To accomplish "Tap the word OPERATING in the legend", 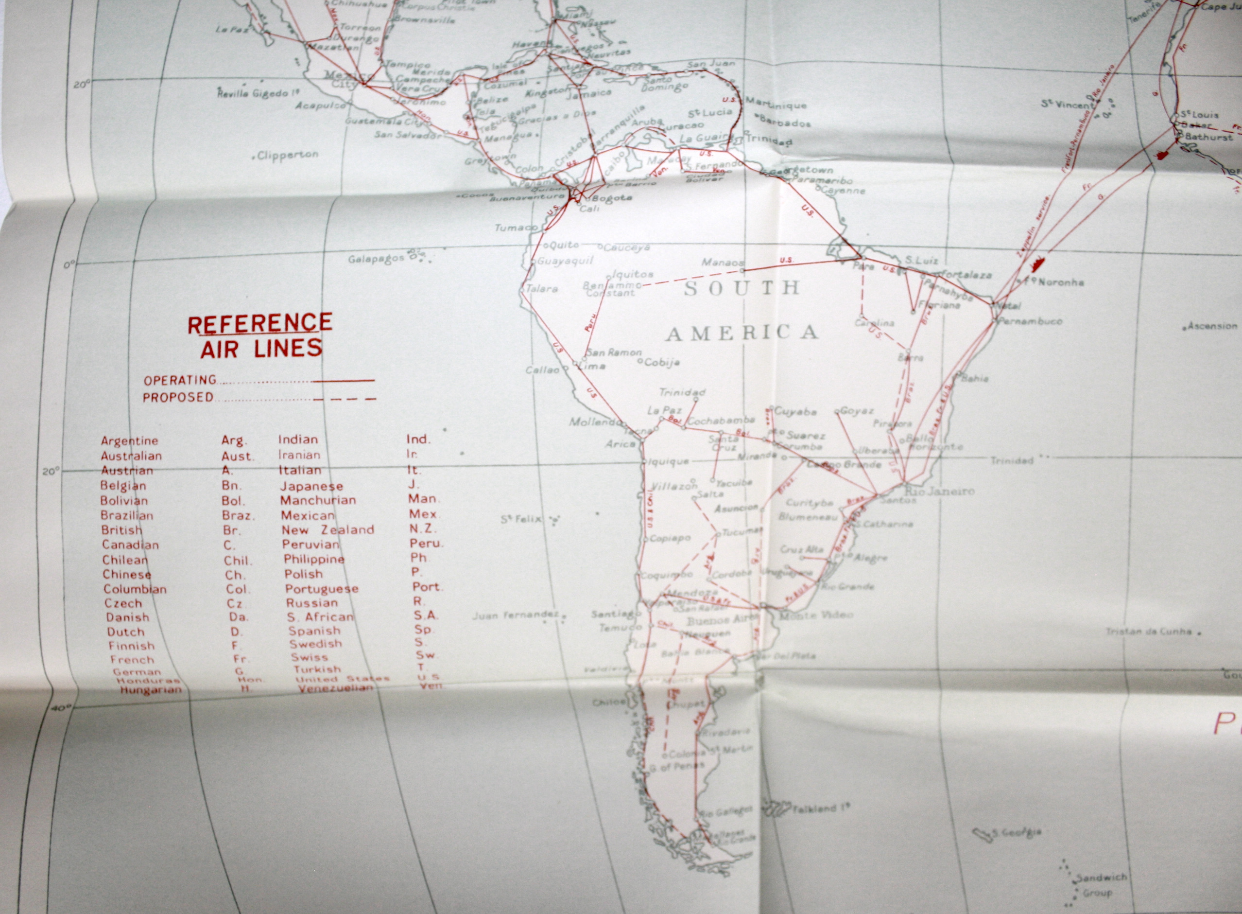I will click(180, 380).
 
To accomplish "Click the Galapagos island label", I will click(376, 258).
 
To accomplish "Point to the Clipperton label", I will click(288, 156).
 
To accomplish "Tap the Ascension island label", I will click(1212, 326).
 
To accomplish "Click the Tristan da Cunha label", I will click(1149, 631).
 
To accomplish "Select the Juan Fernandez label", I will click(516, 615).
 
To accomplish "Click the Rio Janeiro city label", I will click(938, 491).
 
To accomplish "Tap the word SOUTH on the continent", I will click(742, 288).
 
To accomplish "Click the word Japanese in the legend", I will click(311, 486).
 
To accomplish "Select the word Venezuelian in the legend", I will click(335, 688).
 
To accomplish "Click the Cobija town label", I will click(661, 362).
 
